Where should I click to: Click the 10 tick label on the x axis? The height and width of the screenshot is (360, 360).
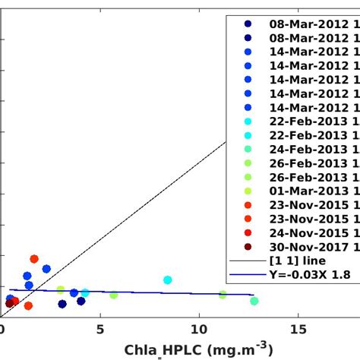199,329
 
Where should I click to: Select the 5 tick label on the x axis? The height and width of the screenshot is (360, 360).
100,329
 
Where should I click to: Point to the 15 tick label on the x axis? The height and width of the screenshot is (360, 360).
298,329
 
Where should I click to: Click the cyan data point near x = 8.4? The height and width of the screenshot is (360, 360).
168,280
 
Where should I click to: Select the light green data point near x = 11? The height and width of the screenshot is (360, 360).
223,295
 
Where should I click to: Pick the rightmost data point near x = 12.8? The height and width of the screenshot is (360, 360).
254,301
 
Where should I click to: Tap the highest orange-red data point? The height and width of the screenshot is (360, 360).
33,259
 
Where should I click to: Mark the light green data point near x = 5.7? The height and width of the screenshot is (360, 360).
114,295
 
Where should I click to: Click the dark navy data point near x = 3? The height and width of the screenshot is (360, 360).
62,304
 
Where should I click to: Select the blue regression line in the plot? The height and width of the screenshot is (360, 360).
190,293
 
